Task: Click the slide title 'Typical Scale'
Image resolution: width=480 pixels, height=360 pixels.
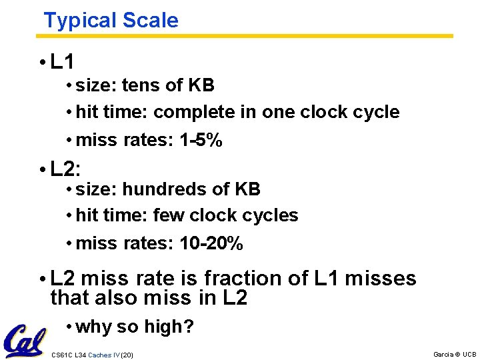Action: tap(111, 20)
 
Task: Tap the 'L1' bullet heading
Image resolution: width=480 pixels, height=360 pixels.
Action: tap(62, 63)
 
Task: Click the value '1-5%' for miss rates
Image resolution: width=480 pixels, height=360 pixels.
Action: tap(201, 141)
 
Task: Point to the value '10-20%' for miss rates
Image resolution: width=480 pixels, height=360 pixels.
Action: tap(211, 244)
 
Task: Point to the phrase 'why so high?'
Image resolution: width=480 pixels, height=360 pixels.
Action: tap(135, 327)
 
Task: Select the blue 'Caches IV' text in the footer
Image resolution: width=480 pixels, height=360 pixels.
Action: tap(103, 355)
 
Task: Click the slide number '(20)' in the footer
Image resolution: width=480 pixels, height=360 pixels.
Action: tap(127, 355)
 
